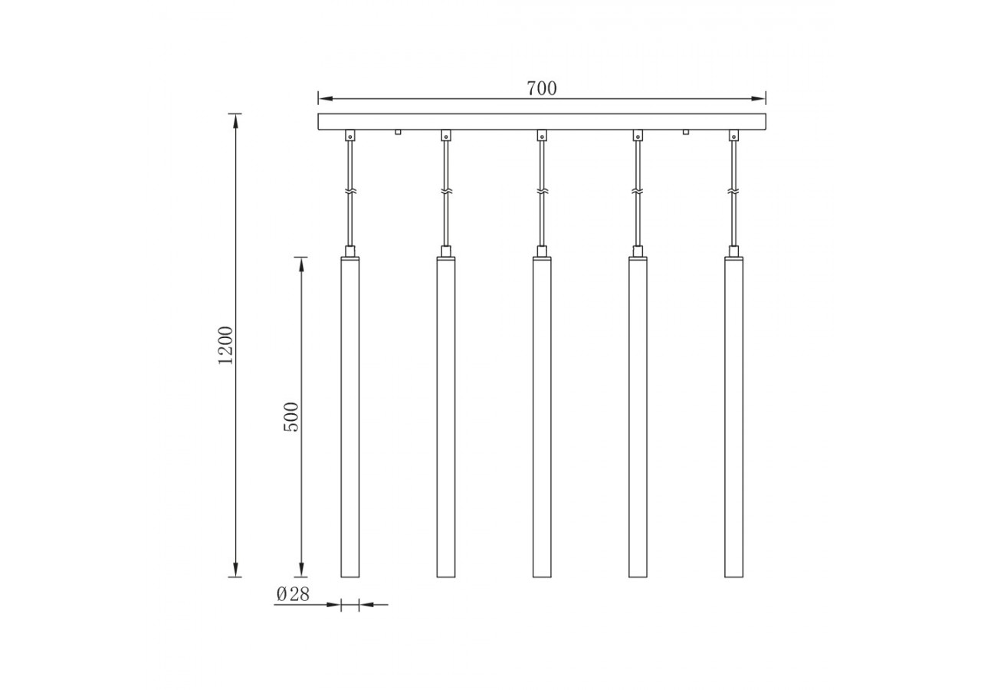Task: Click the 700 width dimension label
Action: point(542,88)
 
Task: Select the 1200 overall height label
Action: point(225,345)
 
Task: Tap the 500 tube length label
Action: point(292,417)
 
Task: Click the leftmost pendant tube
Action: point(349,417)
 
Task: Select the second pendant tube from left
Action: point(445,417)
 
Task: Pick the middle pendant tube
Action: point(542,417)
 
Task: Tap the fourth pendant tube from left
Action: point(638,417)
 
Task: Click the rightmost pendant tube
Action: point(733,417)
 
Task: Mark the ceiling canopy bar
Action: point(542,122)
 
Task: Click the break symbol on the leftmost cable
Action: point(349,191)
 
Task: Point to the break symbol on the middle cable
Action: point(542,191)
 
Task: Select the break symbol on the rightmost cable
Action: point(733,191)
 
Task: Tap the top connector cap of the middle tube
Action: point(542,251)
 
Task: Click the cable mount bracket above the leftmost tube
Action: point(349,136)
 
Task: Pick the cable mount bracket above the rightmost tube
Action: point(733,136)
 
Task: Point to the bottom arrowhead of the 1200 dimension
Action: point(235,572)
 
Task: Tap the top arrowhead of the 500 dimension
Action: point(301,261)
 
